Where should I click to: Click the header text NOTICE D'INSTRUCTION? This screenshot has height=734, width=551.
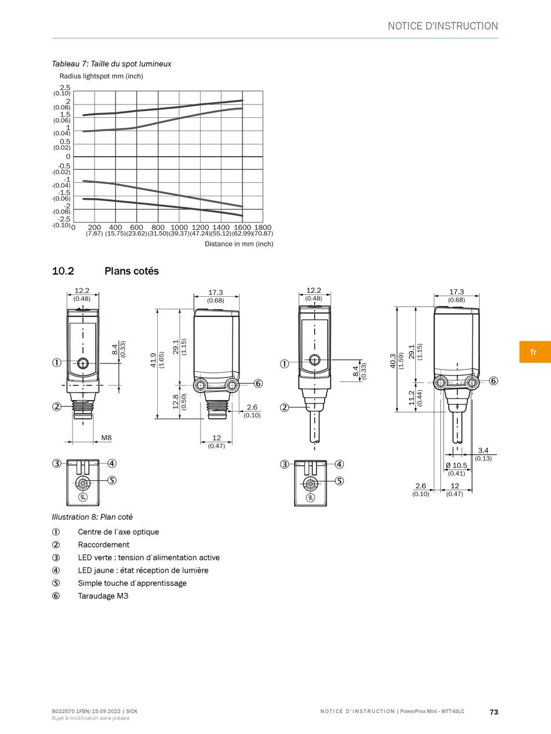(x=443, y=26)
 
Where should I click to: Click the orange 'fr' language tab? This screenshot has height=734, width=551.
(x=535, y=352)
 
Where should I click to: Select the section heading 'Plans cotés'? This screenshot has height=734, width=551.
(x=132, y=271)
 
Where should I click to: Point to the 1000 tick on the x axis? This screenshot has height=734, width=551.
(x=179, y=228)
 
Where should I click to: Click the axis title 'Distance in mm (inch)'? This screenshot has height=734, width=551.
(x=239, y=244)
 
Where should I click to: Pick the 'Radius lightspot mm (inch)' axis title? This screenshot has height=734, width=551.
(x=101, y=76)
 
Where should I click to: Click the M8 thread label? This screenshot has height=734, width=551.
(x=107, y=437)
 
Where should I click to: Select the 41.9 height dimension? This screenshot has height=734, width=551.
(x=153, y=360)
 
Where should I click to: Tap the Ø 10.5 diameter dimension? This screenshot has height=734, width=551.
(x=456, y=465)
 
